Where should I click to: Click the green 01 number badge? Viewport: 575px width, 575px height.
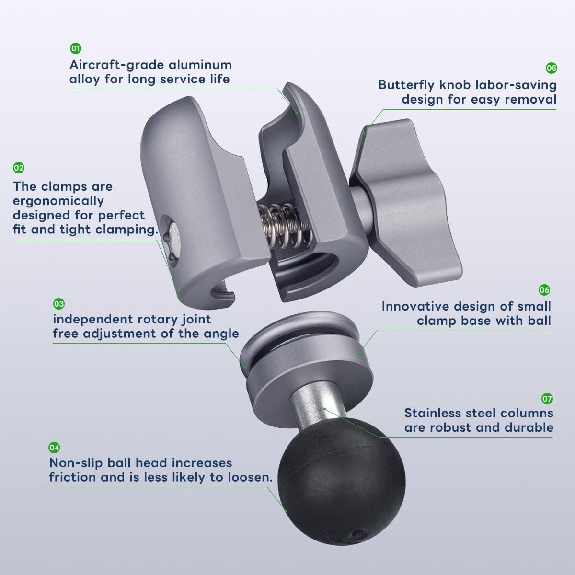76,48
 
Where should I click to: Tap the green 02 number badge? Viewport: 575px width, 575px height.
19,168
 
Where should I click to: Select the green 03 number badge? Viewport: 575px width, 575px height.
59,304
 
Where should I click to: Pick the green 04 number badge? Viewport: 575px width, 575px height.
54,448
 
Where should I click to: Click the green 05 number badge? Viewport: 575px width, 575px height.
551,69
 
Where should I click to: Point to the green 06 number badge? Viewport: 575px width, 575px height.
544,290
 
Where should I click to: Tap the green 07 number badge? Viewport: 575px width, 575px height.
547,399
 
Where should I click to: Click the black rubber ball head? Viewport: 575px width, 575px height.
341,481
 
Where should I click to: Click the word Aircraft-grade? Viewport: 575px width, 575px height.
117,65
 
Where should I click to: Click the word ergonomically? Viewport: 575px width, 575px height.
58,201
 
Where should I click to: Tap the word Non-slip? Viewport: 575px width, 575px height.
76,463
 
